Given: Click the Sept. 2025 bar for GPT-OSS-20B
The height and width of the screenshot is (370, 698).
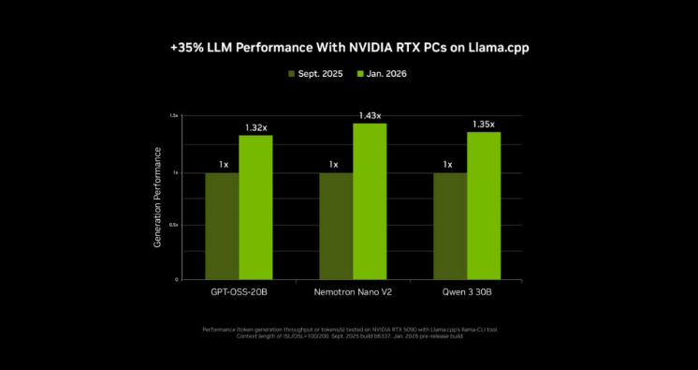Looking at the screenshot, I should point(222,226).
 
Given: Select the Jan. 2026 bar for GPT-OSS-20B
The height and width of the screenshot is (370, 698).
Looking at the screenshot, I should point(255,207).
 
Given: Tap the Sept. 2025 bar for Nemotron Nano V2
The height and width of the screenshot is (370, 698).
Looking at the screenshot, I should point(336,226).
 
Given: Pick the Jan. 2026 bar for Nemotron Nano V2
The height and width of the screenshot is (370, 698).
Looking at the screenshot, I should point(370,200).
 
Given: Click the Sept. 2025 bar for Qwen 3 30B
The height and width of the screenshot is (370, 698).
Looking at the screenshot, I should point(450,226).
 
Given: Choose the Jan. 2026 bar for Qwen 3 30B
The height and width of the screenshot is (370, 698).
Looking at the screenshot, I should point(484,205).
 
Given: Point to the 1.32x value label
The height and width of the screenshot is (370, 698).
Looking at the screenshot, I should point(255,127).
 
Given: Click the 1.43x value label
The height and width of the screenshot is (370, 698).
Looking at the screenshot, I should point(370,115).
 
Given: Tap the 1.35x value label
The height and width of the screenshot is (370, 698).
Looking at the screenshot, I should point(484,124).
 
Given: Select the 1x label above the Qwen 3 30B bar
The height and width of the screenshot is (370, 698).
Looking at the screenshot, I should point(450,165).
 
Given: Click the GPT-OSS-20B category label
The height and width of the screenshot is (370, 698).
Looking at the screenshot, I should point(239,293).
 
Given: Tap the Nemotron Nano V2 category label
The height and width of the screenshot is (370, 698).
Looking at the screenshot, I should point(353,293).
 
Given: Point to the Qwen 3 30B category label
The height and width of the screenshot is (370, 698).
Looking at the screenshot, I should point(467,293).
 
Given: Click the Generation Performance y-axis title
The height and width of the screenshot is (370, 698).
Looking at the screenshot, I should point(158,197).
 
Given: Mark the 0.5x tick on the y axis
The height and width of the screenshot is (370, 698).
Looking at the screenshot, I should point(173,226).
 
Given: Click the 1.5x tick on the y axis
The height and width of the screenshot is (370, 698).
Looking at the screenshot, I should point(173,116).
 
